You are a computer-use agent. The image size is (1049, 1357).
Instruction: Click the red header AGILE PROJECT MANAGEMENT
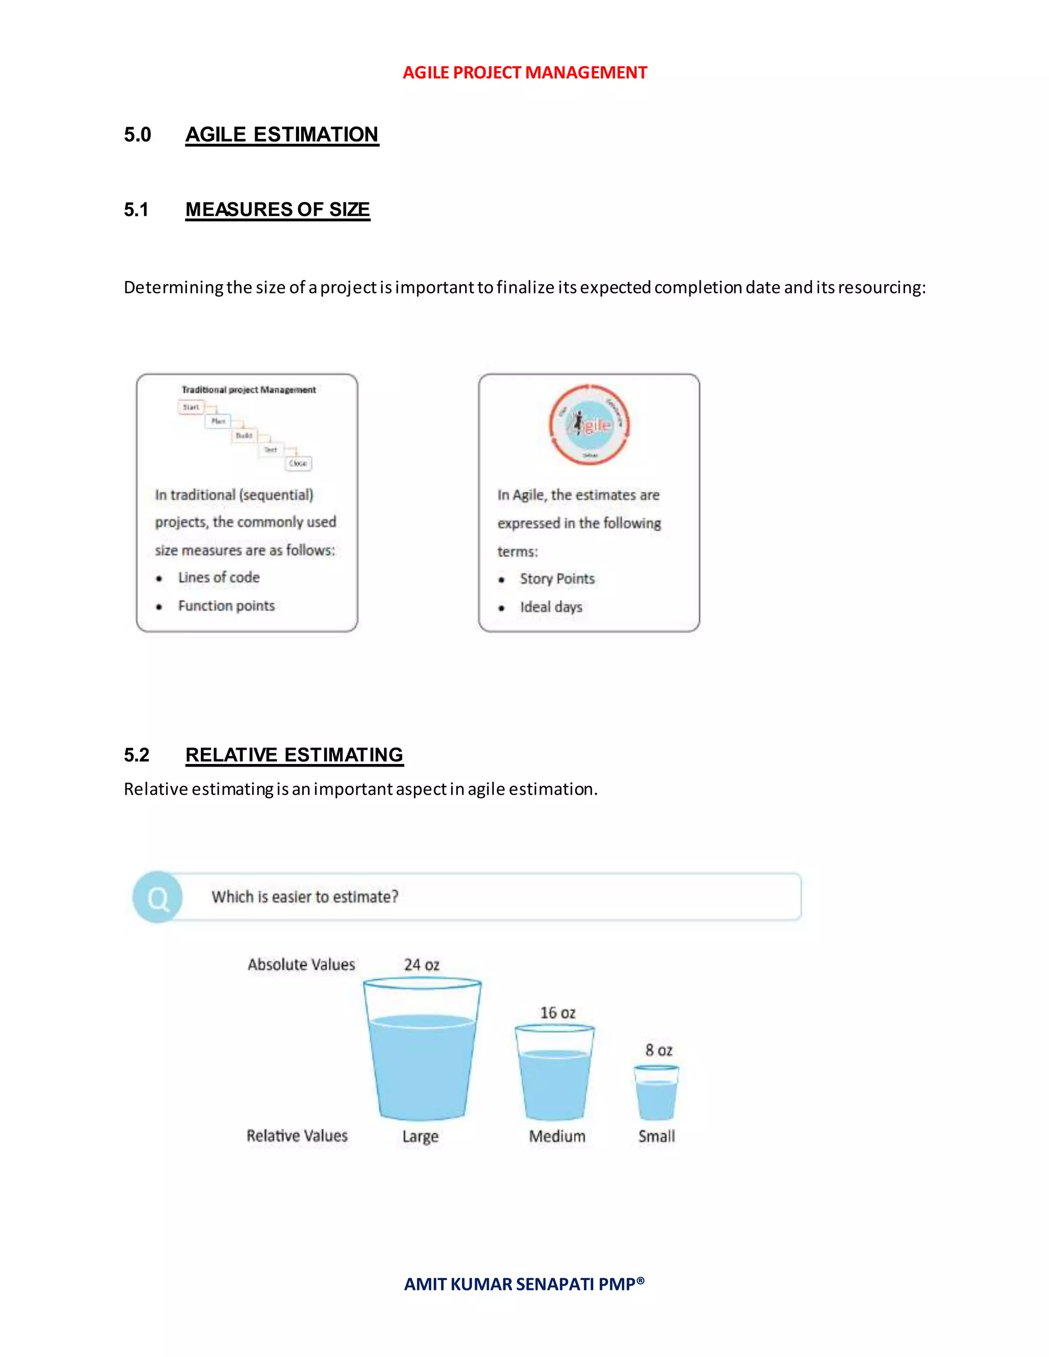coord(524,73)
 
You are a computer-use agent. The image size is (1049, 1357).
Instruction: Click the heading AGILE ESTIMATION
coord(282,135)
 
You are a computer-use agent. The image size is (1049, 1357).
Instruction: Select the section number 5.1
coord(136,210)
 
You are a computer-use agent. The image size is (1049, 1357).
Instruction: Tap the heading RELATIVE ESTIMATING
coord(294,755)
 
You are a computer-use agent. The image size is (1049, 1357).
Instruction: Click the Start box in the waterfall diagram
coord(191,408)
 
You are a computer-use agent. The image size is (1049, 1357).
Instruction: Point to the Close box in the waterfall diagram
coord(298,463)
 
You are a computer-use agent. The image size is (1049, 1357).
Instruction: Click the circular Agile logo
coord(589,425)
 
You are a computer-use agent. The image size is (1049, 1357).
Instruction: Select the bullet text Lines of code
coord(219,578)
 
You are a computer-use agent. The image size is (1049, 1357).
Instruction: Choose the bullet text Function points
coord(226,606)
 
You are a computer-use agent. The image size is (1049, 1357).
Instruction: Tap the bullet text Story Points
coord(557,579)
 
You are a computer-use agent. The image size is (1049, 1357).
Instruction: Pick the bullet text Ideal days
coord(551,607)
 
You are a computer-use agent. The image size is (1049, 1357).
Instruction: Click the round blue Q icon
coord(158,897)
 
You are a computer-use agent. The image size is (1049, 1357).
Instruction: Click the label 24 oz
coord(422,965)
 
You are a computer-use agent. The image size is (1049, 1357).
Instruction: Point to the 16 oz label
coord(557,1013)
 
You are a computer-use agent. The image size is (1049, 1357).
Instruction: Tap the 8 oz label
coord(659,1050)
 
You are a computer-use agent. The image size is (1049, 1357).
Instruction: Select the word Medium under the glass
coord(557,1136)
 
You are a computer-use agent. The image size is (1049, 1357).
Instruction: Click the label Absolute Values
coord(301,964)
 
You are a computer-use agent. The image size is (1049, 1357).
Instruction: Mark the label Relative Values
coord(297,1136)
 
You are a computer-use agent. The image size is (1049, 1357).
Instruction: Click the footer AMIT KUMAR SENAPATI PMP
coord(524,1284)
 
